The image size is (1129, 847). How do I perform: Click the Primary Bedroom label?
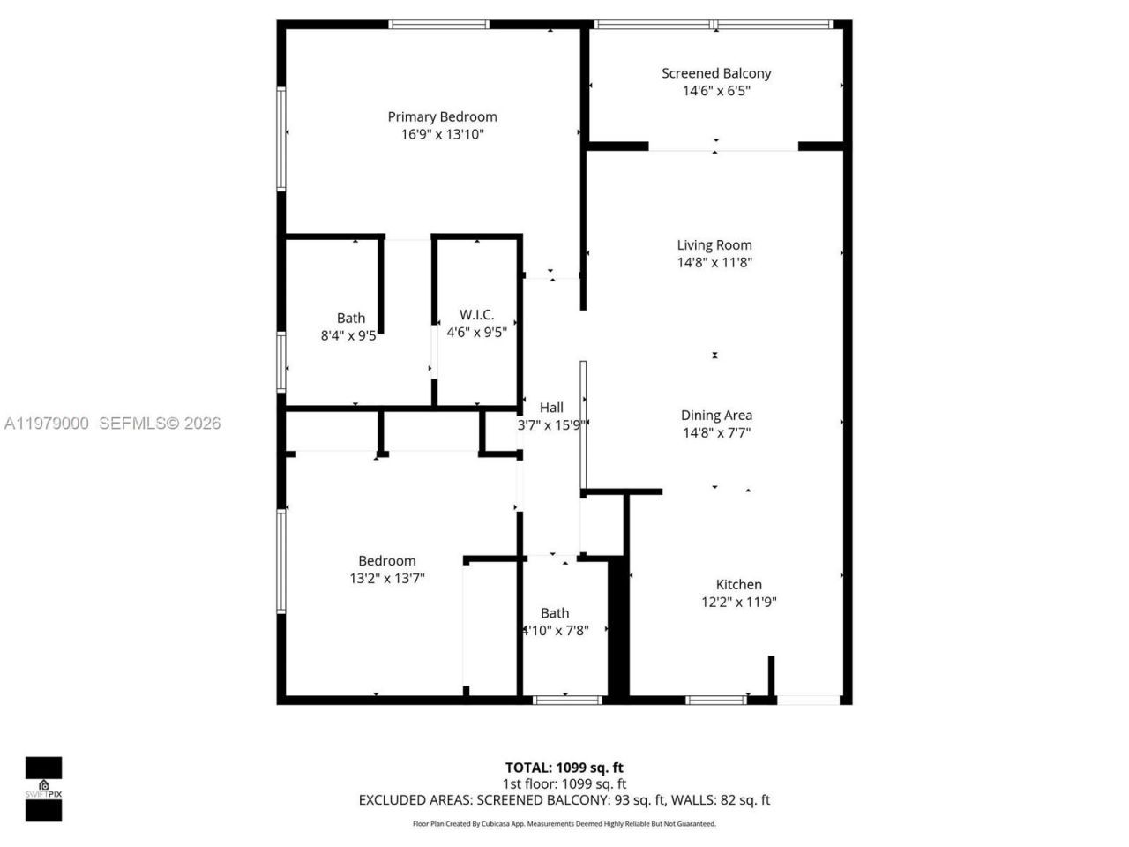click(x=442, y=116)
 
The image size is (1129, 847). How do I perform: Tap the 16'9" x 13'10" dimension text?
click(x=442, y=135)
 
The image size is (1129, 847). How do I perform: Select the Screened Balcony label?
click(x=716, y=73)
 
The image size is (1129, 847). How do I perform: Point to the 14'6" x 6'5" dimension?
click(x=716, y=91)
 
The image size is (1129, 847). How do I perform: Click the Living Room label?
click(x=714, y=245)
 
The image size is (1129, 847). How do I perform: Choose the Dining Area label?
click(x=716, y=416)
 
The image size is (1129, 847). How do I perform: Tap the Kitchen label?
click(x=738, y=584)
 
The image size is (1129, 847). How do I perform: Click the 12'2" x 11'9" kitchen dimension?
click(x=738, y=603)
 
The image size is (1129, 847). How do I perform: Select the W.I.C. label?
click(x=476, y=315)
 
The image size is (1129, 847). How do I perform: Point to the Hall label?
click(x=551, y=408)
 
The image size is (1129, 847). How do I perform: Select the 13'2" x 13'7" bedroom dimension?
click(x=387, y=579)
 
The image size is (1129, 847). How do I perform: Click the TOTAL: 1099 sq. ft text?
click(x=564, y=768)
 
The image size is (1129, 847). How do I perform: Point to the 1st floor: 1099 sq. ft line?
click(x=564, y=783)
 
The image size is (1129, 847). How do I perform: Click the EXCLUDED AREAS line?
click(x=564, y=800)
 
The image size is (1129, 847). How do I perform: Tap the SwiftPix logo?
click(x=43, y=789)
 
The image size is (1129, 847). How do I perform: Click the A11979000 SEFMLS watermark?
click(x=111, y=423)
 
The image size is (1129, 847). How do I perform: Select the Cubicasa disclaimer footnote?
click(x=564, y=824)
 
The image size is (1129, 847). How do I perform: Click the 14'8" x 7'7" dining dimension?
click(x=716, y=433)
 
